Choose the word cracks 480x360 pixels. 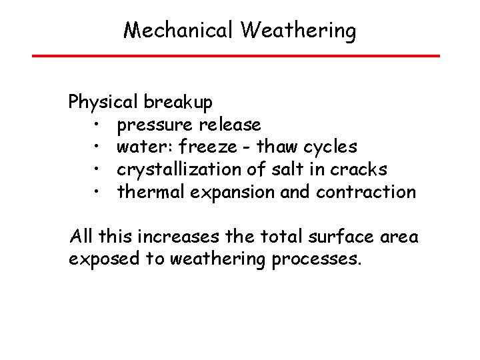coord(355,170)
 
